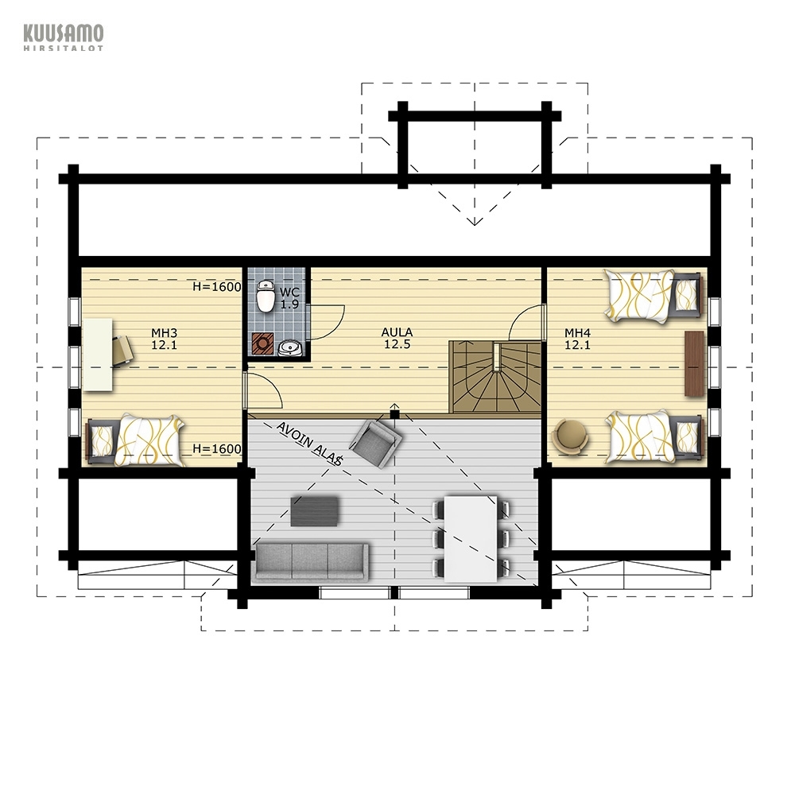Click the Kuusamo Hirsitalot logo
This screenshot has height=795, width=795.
click(64, 37)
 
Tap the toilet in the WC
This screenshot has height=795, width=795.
click(266, 297)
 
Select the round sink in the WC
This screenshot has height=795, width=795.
click(290, 348)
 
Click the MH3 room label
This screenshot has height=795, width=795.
click(165, 339)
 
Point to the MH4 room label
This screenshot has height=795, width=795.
click(577, 339)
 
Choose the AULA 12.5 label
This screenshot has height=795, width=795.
click(397, 338)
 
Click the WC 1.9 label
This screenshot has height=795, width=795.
click(289, 298)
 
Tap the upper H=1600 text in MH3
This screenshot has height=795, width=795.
click(216, 287)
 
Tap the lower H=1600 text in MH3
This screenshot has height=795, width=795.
click(216, 448)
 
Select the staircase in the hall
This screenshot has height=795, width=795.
click(495, 377)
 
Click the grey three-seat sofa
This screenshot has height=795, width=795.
click(312, 562)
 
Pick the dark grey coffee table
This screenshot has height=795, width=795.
click(314, 511)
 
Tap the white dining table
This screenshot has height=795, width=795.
click(471, 538)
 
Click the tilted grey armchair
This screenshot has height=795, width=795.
click(376, 441)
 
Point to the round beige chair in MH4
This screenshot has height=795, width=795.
click(570, 435)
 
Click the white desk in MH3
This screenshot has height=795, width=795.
click(98, 355)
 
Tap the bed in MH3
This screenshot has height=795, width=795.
click(136, 440)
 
